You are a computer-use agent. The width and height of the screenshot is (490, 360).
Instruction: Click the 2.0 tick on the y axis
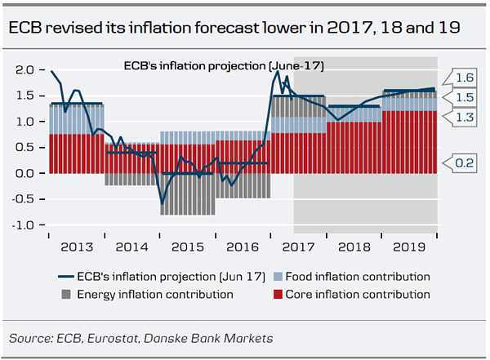coord(24,70)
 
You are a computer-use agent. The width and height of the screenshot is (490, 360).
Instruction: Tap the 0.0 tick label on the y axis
coord(24,173)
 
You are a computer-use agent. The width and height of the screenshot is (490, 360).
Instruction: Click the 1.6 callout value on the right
coord(465,78)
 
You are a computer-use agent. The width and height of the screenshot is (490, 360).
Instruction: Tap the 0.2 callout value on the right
coord(465,163)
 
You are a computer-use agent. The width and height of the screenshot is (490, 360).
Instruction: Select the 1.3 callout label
coord(465,117)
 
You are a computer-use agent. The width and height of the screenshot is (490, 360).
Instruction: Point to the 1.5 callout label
coord(465,97)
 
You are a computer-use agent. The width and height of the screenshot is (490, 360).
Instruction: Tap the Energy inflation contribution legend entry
coord(148,294)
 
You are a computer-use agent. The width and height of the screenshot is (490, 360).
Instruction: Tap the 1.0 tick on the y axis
coord(24,122)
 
